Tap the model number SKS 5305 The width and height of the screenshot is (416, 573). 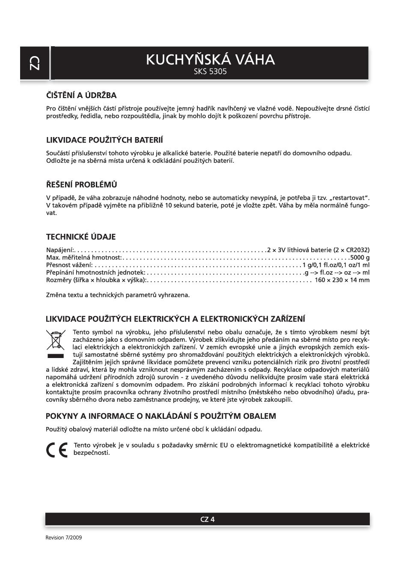(x=210, y=72)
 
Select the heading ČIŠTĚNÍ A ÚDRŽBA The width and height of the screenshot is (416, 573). (x=81, y=95)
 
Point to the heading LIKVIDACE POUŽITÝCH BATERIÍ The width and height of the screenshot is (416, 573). (x=104, y=140)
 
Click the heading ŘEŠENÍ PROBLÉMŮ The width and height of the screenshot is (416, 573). (x=81, y=185)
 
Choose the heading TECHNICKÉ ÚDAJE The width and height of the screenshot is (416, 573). (x=81, y=237)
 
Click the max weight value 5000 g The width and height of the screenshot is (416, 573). (x=360, y=257)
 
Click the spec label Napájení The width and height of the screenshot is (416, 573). (x=60, y=250)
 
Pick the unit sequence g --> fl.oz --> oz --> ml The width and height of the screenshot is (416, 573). (x=337, y=272)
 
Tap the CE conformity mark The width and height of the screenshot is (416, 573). (x=56, y=449)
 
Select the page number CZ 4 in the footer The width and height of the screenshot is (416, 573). (x=208, y=519)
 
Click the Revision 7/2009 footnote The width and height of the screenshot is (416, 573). (x=64, y=537)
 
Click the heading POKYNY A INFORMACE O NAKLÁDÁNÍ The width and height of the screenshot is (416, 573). (x=160, y=416)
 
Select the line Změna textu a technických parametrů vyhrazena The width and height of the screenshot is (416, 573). (x=118, y=295)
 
